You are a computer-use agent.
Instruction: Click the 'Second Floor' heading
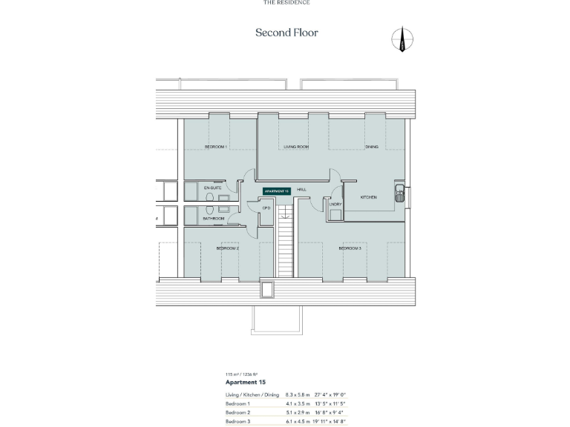coord(286,33)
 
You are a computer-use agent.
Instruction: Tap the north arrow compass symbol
coord(403,40)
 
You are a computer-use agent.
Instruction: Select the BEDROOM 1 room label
coord(215,147)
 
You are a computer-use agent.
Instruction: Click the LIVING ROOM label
coord(295,147)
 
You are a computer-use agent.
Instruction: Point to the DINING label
coord(372,147)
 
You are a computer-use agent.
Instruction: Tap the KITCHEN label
coord(369,197)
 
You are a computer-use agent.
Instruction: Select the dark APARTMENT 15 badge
coord(276,191)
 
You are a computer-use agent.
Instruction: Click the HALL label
coord(302,190)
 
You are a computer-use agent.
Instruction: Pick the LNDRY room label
coord(335,204)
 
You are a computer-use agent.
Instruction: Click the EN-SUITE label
coord(213,188)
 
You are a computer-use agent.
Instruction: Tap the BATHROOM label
coord(214,219)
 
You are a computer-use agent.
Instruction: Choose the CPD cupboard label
coord(266,208)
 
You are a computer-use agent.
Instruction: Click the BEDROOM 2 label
coord(227,248)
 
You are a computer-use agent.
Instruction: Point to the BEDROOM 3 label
coord(350,248)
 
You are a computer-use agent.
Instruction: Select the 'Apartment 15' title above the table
coord(245,382)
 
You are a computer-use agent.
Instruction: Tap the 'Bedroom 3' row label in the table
coord(238,421)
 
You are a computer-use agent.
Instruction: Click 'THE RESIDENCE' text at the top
coord(286,2)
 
